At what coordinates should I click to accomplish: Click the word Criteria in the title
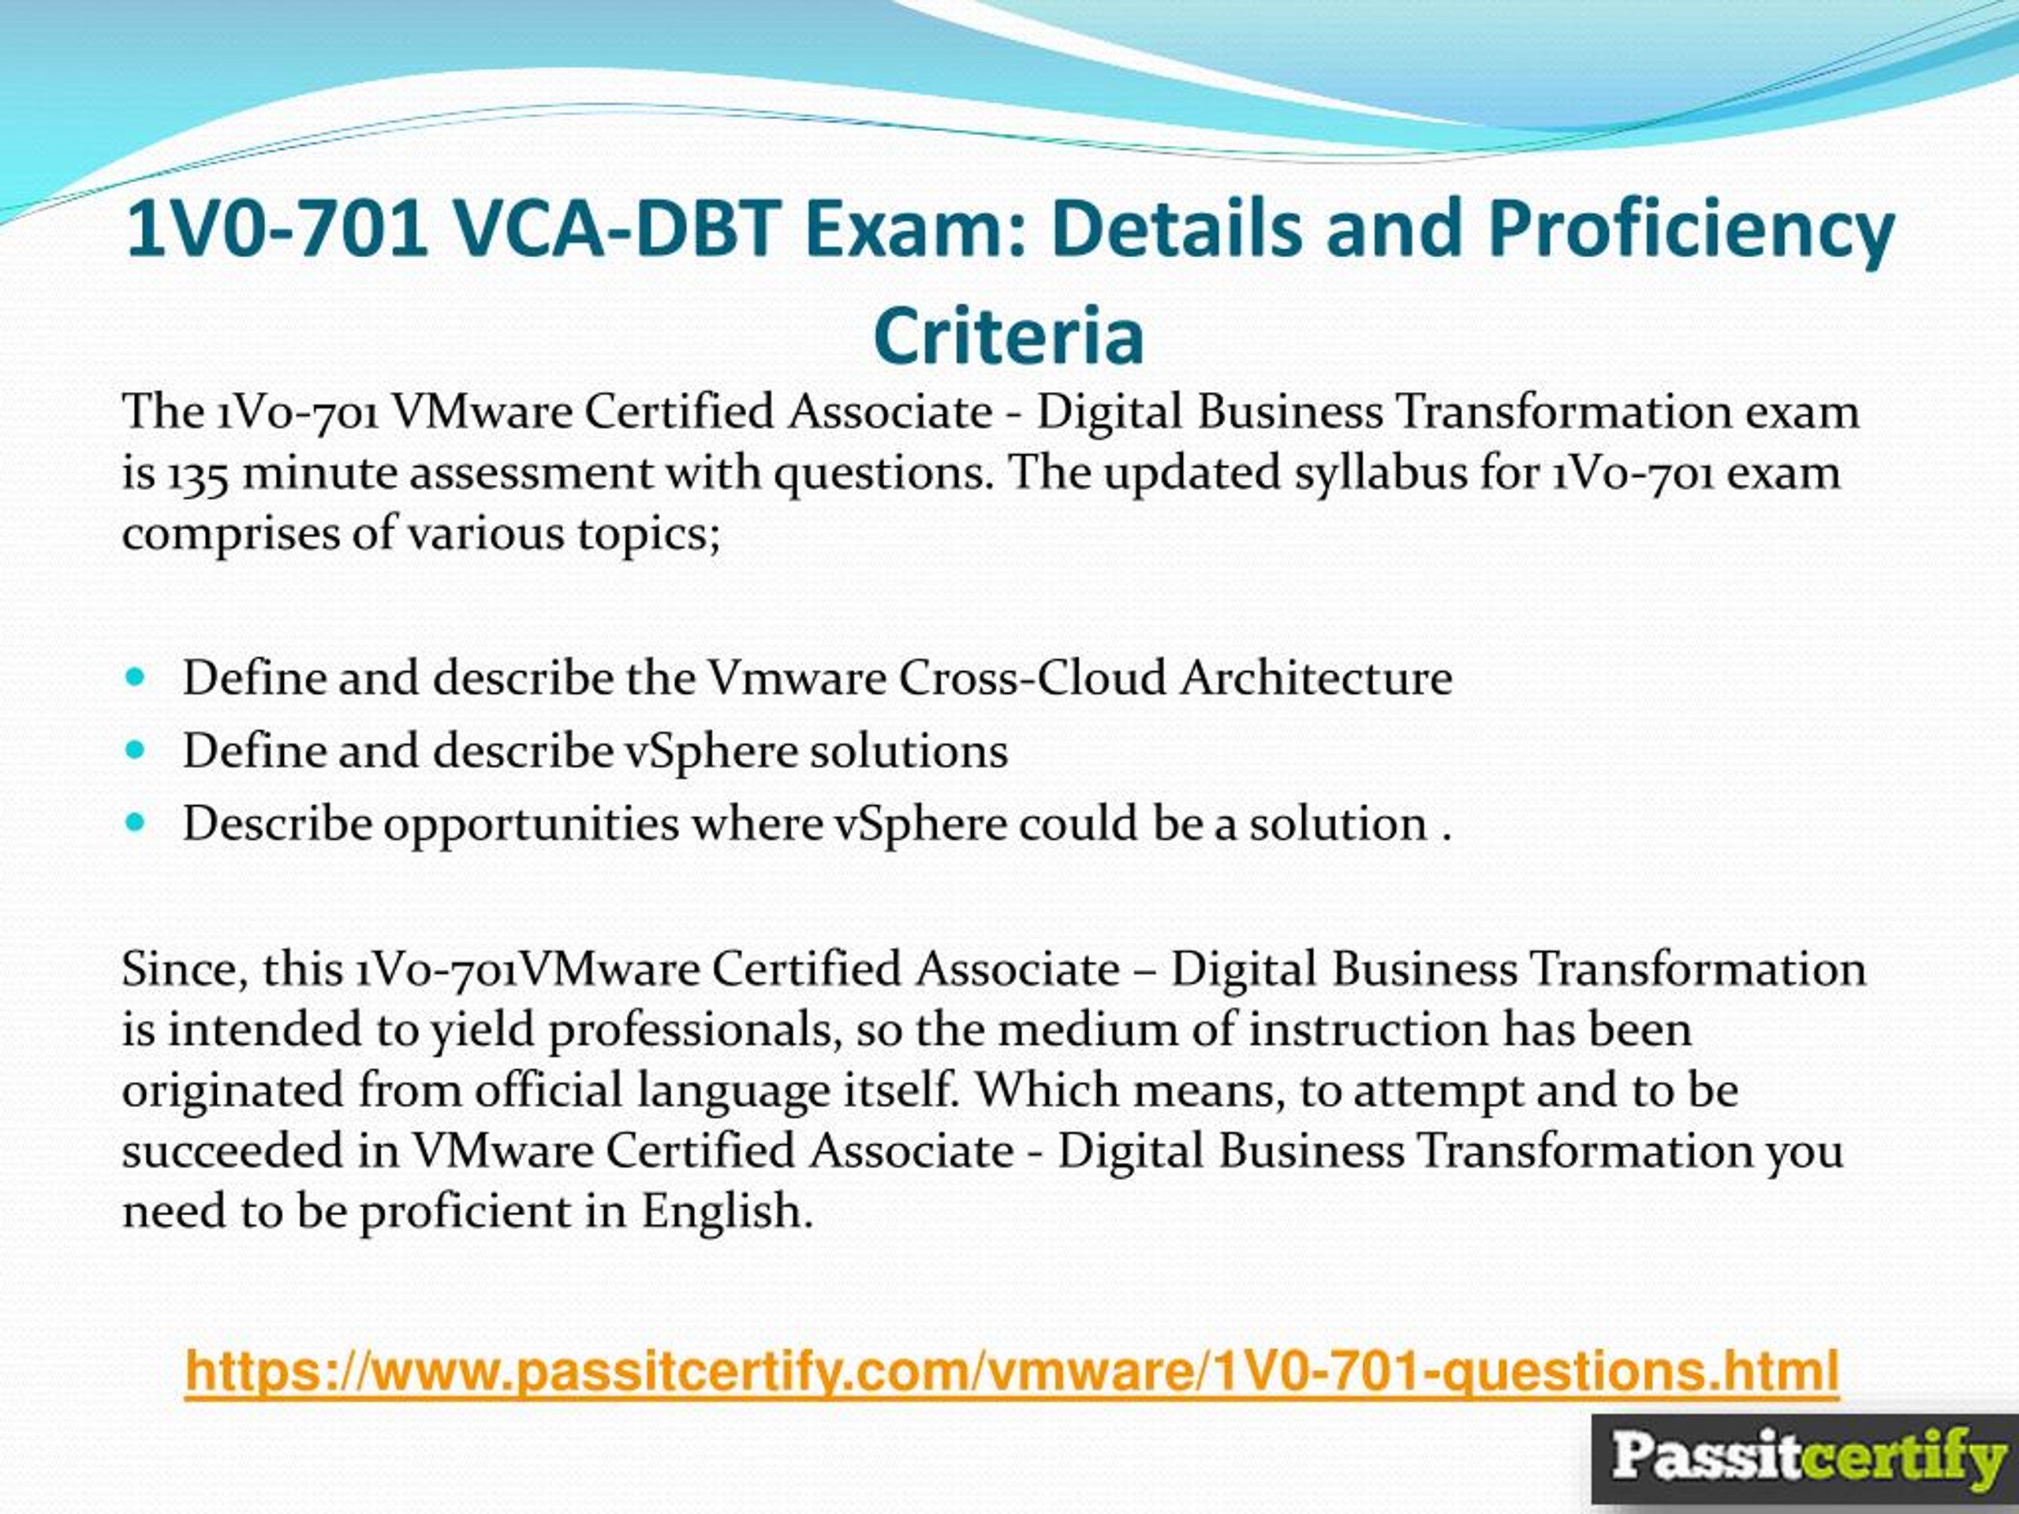click(x=1009, y=336)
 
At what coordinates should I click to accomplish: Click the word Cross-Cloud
click(x=1032, y=678)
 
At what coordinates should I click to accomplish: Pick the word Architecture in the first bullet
click(x=1316, y=678)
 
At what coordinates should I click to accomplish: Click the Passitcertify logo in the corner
click(x=1804, y=1457)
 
